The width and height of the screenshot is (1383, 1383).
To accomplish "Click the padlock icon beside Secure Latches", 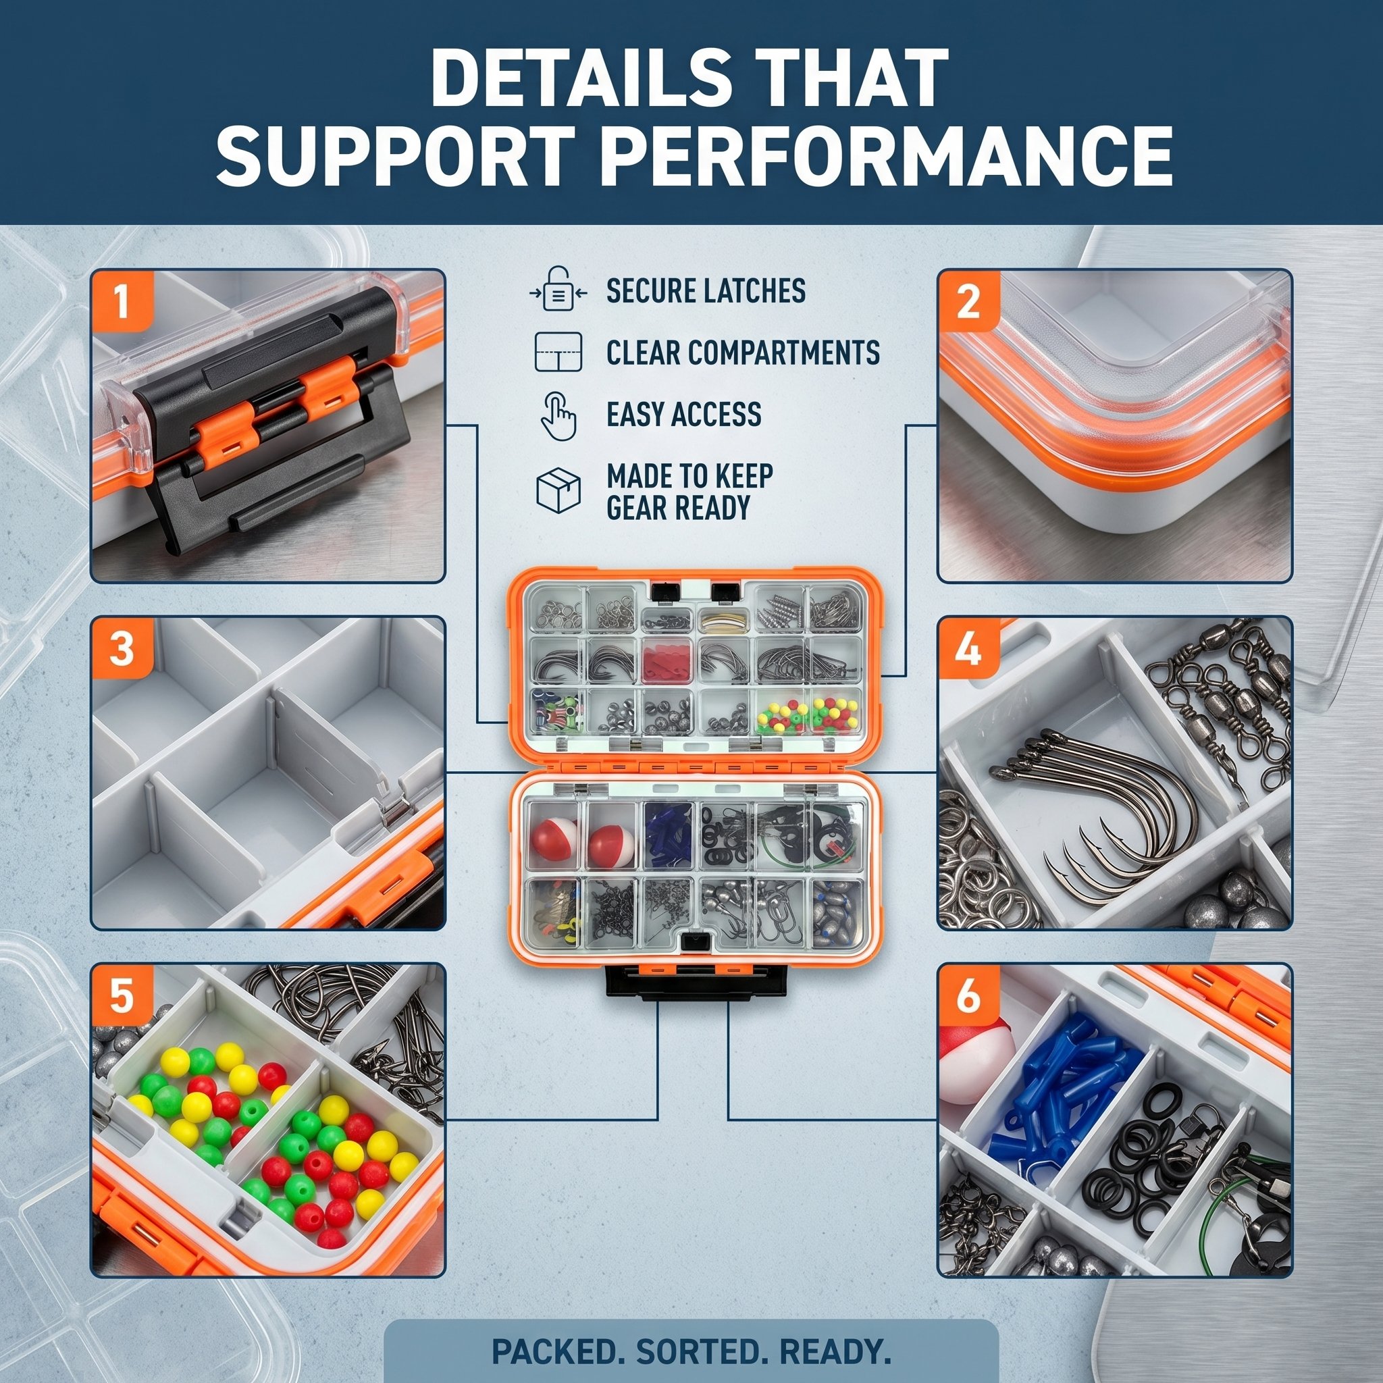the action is [x=559, y=288].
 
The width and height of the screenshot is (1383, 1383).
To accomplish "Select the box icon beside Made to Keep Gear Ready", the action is [x=558, y=490].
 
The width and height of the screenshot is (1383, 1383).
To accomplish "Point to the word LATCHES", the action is [x=752, y=290].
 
